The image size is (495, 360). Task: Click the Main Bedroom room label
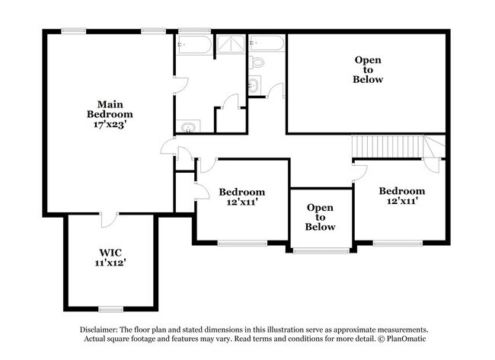click(x=110, y=109)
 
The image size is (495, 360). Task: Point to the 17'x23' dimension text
click(x=110, y=124)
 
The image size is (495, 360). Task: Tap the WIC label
click(x=110, y=253)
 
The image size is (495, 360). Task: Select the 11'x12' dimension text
click(x=110, y=263)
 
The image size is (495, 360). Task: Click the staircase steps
click(x=388, y=146)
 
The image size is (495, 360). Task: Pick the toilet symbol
click(x=257, y=62)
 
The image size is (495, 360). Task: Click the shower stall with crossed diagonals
click(x=231, y=44)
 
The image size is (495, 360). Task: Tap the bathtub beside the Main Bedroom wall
click(x=194, y=45)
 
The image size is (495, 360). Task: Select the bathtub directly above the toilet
click(x=267, y=43)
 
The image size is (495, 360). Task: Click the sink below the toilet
click(x=254, y=84)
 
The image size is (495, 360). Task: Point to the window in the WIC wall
click(x=110, y=309)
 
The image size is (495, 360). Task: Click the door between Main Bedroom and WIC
click(x=109, y=220)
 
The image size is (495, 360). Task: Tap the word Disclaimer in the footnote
click(x=99, y=330)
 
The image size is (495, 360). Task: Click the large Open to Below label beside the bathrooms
click(x=368, y=70)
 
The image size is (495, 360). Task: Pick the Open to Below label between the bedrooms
click(x=320, y=217)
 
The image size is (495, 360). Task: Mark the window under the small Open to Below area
click(x=321, y=251)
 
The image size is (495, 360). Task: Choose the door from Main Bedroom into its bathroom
click(x=180, y=84)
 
